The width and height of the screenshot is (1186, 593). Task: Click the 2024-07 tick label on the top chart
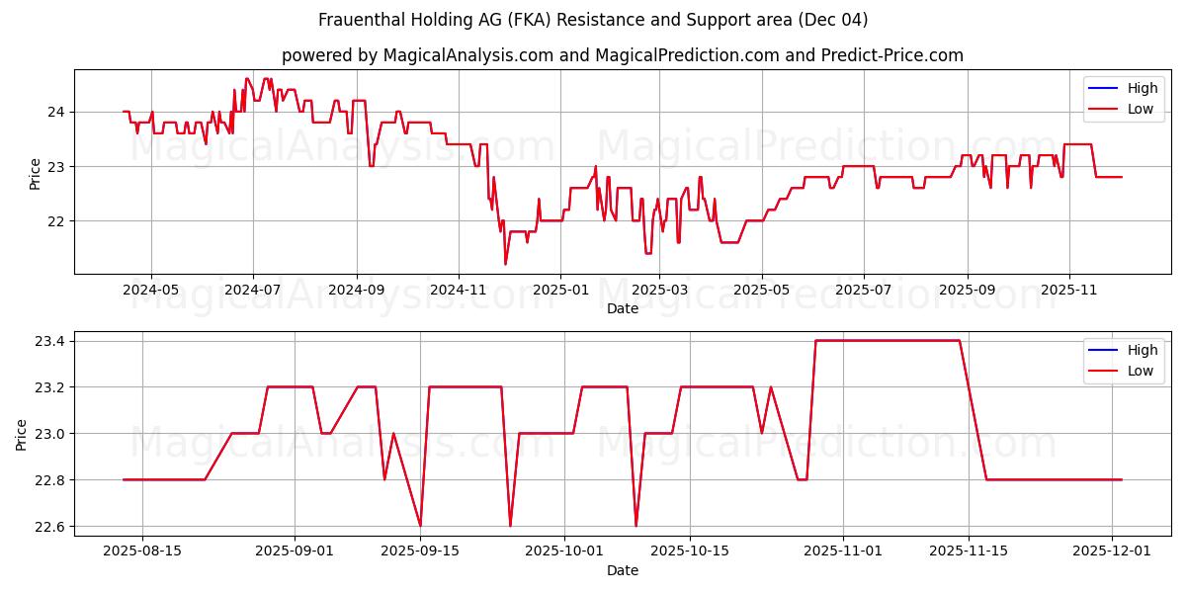pyautogui.click(x=253, y=291)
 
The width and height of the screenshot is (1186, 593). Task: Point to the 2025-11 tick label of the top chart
pyautogui.click(x=1069, y=291)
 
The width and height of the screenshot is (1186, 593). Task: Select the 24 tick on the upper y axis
pyautogui.click(x=57, y=112)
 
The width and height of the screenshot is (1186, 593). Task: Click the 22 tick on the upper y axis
pyautogui.click(x=57, y=221)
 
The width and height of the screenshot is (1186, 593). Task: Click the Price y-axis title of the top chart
pyautogui.click(x=36, y=174)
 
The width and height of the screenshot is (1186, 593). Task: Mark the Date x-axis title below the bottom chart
pyautogui.click(x=623, y=570)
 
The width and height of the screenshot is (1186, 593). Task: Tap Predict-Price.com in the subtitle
pyautogui.click(x=892, y=55)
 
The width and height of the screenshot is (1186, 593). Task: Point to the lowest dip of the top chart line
pyautogui.click(x=505, y=264)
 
